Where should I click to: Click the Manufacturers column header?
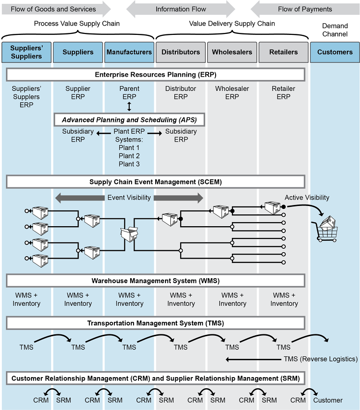129,52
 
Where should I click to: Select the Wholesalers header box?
232,52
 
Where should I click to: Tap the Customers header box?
334,52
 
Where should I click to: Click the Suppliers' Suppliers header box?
26,52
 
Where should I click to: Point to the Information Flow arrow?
181,9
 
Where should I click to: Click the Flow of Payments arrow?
305,9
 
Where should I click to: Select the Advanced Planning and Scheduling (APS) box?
129,119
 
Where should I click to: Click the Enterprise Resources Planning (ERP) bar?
155,75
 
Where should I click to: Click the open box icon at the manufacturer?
129,234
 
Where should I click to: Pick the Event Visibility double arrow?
129,198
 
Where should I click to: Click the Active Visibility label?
307,198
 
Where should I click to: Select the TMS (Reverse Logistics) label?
320,359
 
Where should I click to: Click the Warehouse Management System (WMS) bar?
155,281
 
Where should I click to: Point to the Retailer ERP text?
283,93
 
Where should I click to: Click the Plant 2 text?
129,156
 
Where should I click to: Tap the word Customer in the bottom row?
328,400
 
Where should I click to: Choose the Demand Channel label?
334,30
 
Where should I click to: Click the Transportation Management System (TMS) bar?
155,323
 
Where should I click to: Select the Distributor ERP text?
181,93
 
